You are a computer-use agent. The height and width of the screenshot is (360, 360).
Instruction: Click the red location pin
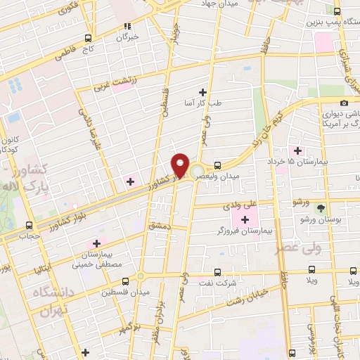(180, 165)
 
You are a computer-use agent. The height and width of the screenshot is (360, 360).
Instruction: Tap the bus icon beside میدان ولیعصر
(217, 165)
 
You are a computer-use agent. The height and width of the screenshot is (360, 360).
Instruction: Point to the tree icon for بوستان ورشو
(321, 208)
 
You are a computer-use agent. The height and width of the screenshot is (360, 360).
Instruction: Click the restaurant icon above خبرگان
(127, 26)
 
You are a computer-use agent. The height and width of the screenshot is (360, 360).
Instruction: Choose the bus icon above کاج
(88, 38)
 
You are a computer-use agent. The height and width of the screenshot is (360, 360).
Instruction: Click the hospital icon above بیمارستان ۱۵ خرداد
(298, 150)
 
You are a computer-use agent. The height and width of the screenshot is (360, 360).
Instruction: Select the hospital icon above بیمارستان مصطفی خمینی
(96, 243)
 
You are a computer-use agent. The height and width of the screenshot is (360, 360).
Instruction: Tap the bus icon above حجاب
(29, 225)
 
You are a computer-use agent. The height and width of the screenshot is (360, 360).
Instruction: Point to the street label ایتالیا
(40, 270)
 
